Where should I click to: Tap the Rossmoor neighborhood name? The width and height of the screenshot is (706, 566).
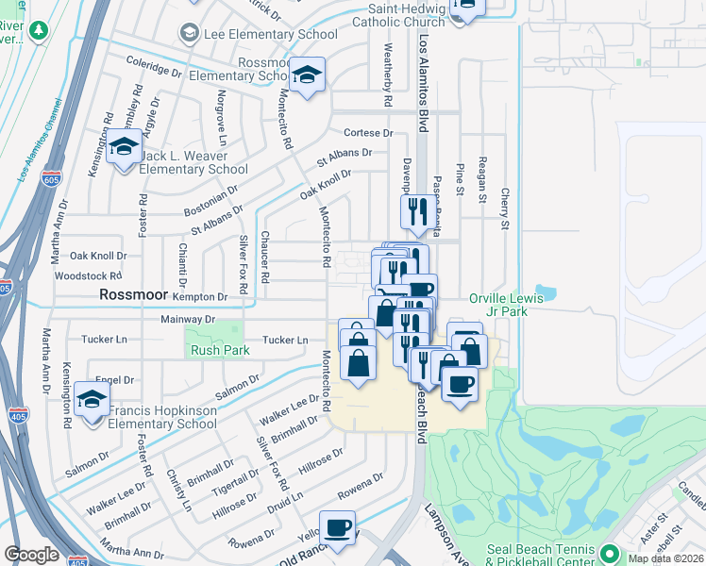pos(134,294)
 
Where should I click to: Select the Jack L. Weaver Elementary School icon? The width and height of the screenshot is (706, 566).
pos(124,148)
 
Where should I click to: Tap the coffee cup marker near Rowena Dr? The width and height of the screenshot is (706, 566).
pos(337,527)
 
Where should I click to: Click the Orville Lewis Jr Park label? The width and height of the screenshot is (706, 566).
pos(510,305)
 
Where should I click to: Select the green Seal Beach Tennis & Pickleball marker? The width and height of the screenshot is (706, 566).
pos(609,552)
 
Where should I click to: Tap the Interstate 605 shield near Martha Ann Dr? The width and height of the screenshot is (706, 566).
pos(50,179)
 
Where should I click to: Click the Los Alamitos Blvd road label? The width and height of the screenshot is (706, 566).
pos(423,75)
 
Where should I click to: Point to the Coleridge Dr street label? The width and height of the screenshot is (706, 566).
pos(153,66)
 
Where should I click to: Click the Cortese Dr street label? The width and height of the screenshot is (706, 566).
pos(367,133)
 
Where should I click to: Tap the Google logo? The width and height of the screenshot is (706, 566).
pos(31,555)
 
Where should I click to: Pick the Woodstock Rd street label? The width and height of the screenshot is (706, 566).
pos(89,276)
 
